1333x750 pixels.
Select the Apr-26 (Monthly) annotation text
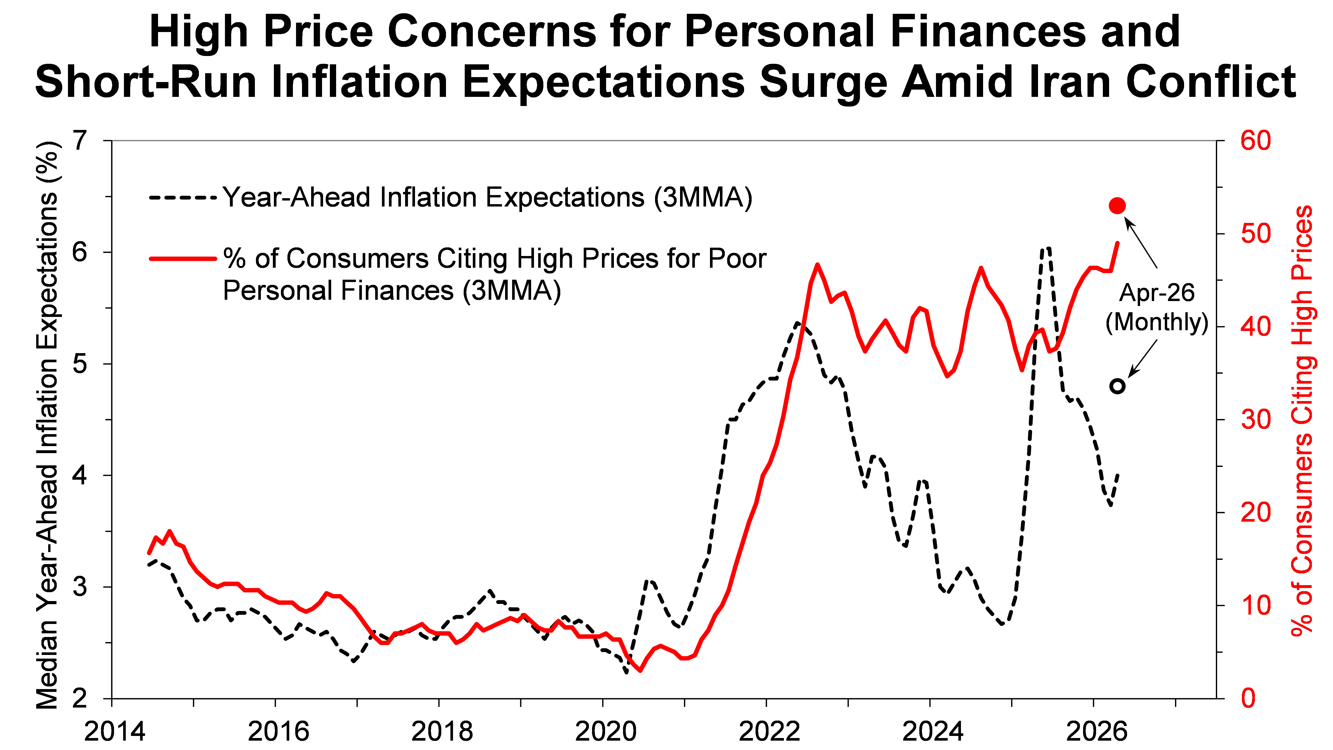coord(1156,308)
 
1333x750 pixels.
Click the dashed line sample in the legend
coord(182,198)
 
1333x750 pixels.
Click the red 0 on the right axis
coord(1248,698)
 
